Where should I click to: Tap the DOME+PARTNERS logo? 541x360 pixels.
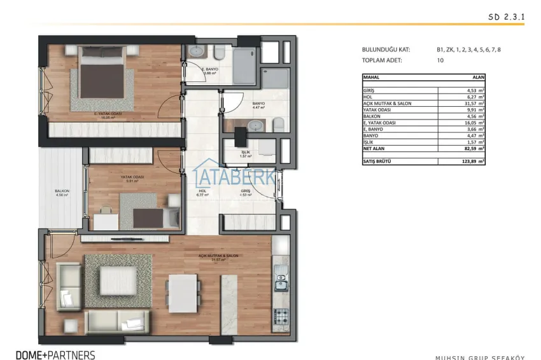click(55, 354)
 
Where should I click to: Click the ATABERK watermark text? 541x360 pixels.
click(235, 174)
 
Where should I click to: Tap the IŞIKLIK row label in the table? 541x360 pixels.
click(370, 141)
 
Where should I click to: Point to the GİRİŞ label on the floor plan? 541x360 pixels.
click(245, 191)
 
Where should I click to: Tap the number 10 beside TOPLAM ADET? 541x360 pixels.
click(440, 60)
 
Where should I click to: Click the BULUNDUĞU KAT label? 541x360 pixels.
click(386, 50)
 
